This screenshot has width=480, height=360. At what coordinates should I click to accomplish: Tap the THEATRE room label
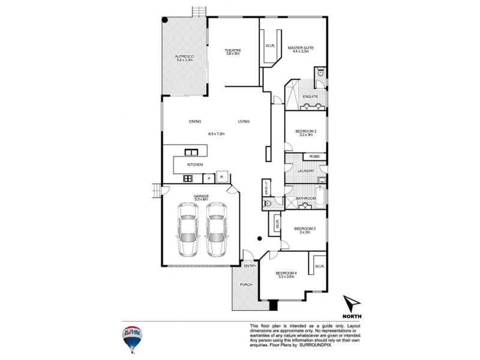pos(232,50)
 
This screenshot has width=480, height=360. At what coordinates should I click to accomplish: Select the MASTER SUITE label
pos(300,47)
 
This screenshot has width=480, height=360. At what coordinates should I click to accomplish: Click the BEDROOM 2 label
pos(305,131)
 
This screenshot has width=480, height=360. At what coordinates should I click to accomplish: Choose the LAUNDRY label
pos(305,171)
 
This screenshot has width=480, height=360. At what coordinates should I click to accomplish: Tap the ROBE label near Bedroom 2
pos(314,157)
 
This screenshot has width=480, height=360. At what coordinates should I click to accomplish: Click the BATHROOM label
pos(305,197)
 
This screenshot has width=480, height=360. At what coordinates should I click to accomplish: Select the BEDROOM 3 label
pos(305,229)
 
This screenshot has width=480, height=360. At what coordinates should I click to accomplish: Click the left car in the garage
pos(188,229)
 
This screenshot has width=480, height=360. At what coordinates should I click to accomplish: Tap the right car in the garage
pos(216,229)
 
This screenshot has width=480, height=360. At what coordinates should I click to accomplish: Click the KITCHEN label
pos(195,164)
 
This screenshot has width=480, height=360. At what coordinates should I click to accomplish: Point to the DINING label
pos(195,122)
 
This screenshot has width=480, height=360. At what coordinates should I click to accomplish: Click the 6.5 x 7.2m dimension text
pos(216,133)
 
